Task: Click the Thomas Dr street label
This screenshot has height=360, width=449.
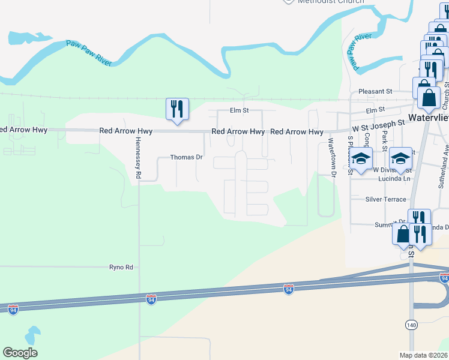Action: coord(186,157)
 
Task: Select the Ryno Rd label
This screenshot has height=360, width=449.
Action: coord(121,267)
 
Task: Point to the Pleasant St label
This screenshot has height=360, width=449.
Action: coord(375,91)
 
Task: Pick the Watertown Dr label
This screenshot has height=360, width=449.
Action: coord(331,157)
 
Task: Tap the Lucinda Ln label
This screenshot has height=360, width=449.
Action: coord(394,178)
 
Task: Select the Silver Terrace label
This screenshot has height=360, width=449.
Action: coord(385,199)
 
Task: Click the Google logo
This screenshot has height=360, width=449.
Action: coord(20,353)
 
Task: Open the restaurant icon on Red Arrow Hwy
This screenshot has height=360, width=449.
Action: coord(177,109)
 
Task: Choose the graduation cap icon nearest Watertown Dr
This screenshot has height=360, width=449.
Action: coord(361,158)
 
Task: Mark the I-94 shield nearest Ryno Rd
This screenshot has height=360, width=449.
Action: coord(151,298)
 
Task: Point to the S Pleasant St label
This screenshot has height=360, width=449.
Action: coord(350,155)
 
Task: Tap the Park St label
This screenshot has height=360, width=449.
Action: coord(384,146)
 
